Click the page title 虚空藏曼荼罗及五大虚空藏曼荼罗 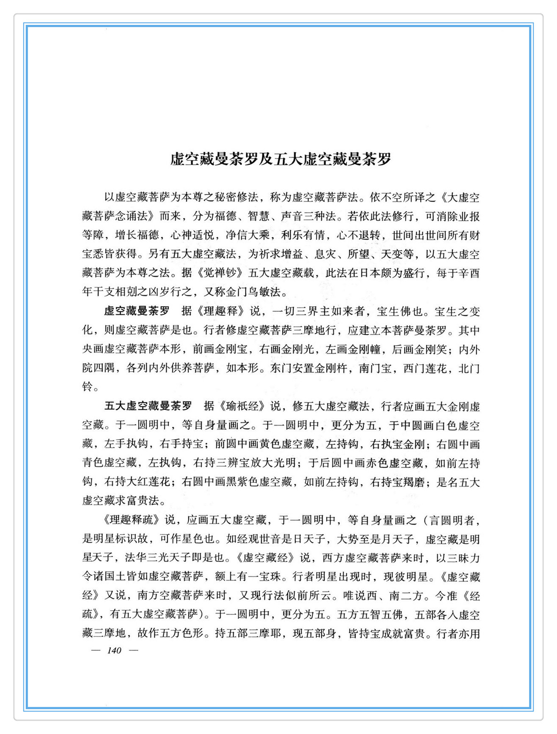click(x=280, y=159)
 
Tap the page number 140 click(x=114, y=650)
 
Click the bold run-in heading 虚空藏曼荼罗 click(x=136, y=311)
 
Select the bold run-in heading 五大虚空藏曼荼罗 click(x=148, y=406)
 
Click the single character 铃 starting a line click(x=88, y=387)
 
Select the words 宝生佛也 click(x=398, y=311)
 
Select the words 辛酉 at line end click(x=469, y=273)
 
